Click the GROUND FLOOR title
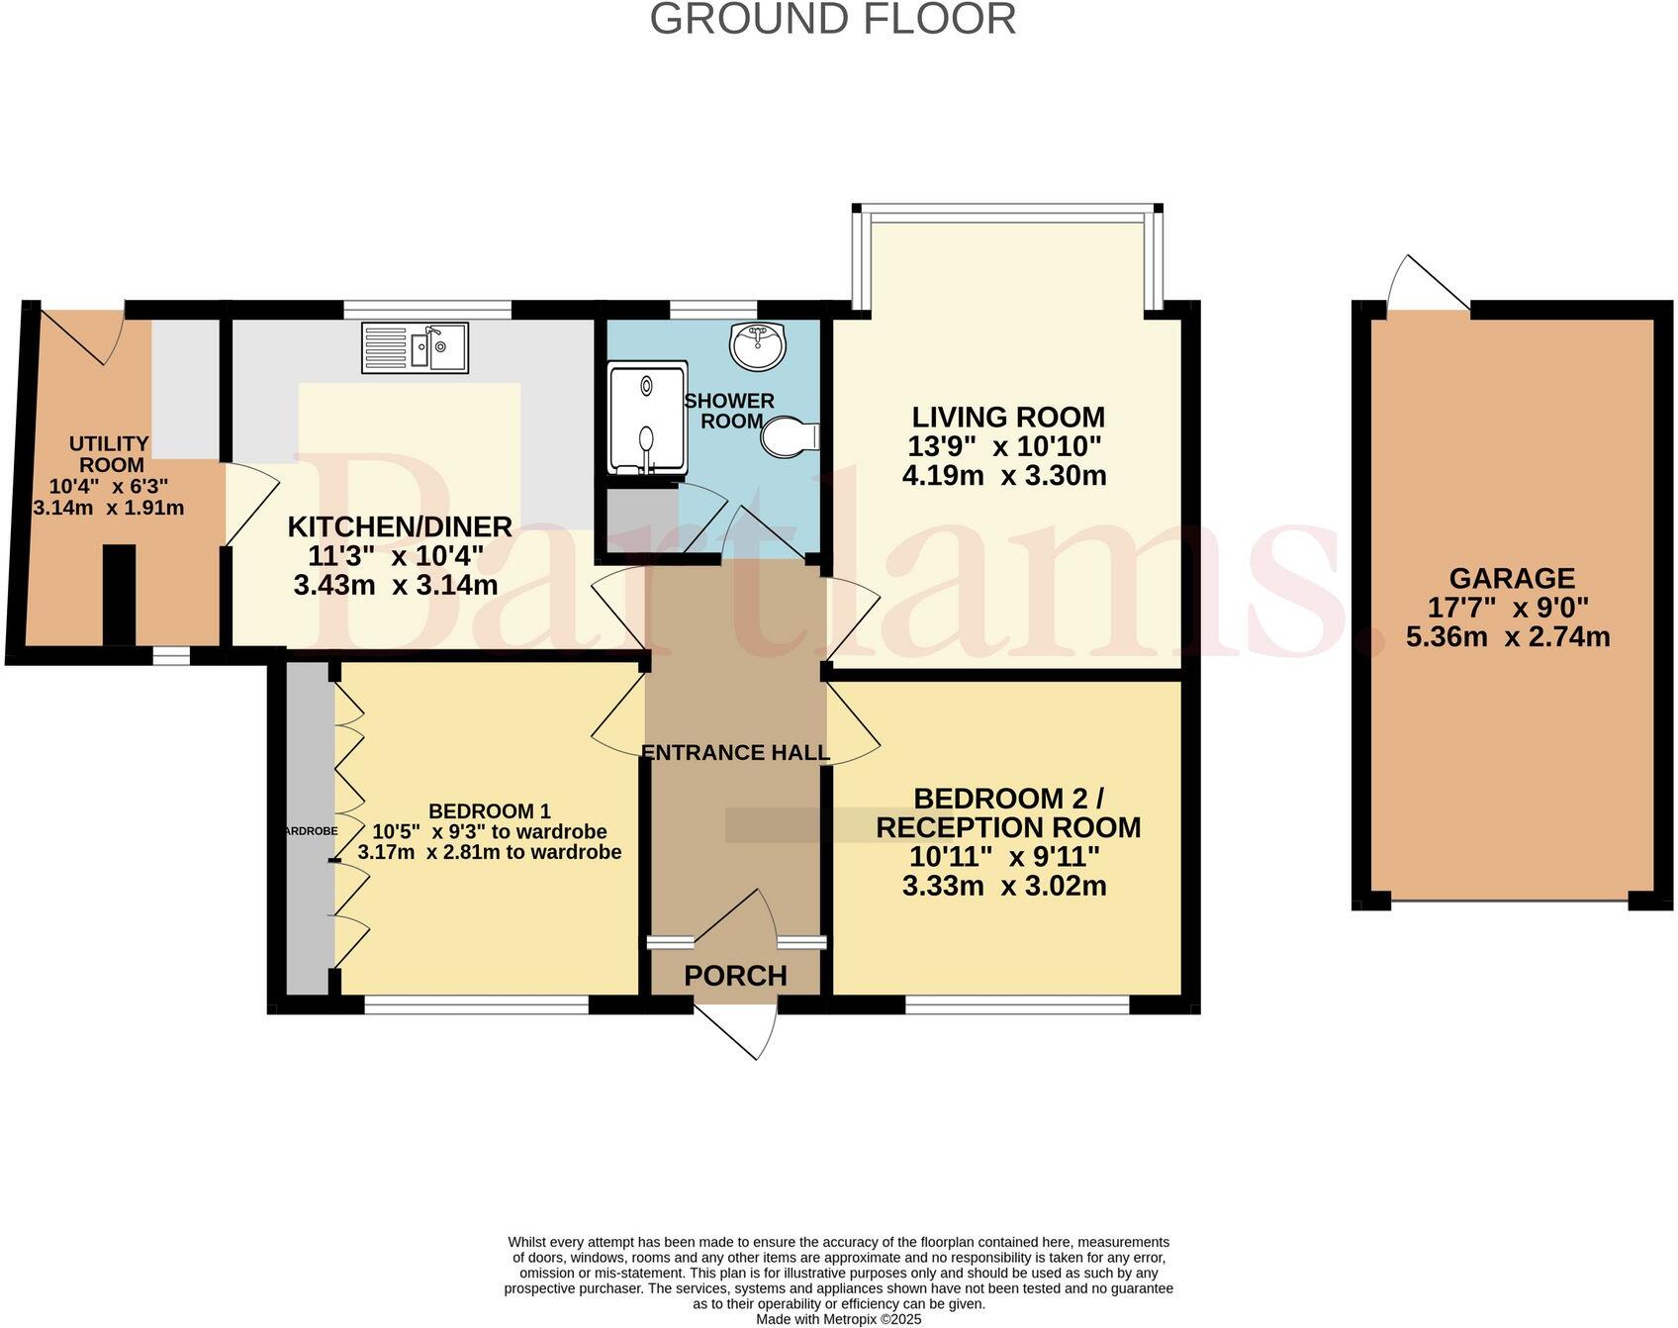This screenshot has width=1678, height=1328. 833,20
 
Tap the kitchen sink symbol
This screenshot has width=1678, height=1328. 416,347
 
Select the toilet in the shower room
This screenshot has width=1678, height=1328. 789,436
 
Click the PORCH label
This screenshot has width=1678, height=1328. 735,976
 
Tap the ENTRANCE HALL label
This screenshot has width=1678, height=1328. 735,753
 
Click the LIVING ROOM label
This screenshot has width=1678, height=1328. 1007,417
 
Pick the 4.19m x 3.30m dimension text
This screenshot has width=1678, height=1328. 1003,476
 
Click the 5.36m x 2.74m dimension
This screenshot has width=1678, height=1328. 1508,636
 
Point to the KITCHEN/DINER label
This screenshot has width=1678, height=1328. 399,526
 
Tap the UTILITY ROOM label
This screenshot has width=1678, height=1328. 111,454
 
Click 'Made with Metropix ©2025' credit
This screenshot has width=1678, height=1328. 838,1319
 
